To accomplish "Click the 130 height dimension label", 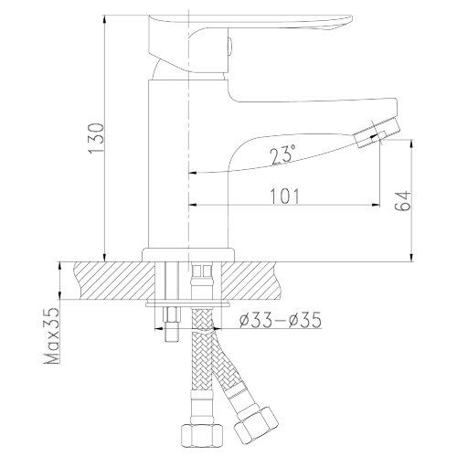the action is [98, 139].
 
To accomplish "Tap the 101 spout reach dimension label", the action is [285, 197].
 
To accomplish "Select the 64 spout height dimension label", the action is [403, 201].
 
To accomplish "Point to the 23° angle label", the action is [282, 154].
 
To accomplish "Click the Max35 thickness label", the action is [52, 335].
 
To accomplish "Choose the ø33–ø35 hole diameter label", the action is [281, 320].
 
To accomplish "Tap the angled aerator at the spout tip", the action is [377, 133].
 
